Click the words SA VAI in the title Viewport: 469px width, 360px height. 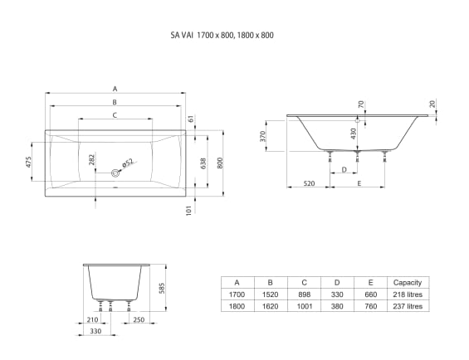[x=181, y=36]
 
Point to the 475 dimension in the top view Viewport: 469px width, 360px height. [x=29, y=161]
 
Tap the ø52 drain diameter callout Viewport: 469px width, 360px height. [x=127, y=163]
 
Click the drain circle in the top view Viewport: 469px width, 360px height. [x=114, y=173]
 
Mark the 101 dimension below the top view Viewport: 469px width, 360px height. [x=189, y=210]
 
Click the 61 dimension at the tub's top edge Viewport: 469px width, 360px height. [x=190, y=119]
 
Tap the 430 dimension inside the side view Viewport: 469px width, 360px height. [x=353, y=133]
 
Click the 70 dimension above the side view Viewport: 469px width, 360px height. [x=360, y=105]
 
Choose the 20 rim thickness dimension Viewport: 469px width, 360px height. [x=432, y=104]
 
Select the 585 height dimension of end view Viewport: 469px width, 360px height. [x=163, y=289]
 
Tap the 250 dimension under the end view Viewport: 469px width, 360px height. [x=138, y=319]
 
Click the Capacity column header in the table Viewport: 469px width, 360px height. [x=408, y=283]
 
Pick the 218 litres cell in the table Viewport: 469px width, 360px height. [x=408, y=294]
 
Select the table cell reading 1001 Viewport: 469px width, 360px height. [x=304, y=306]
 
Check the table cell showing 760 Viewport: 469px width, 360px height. [x=370, y=306]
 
